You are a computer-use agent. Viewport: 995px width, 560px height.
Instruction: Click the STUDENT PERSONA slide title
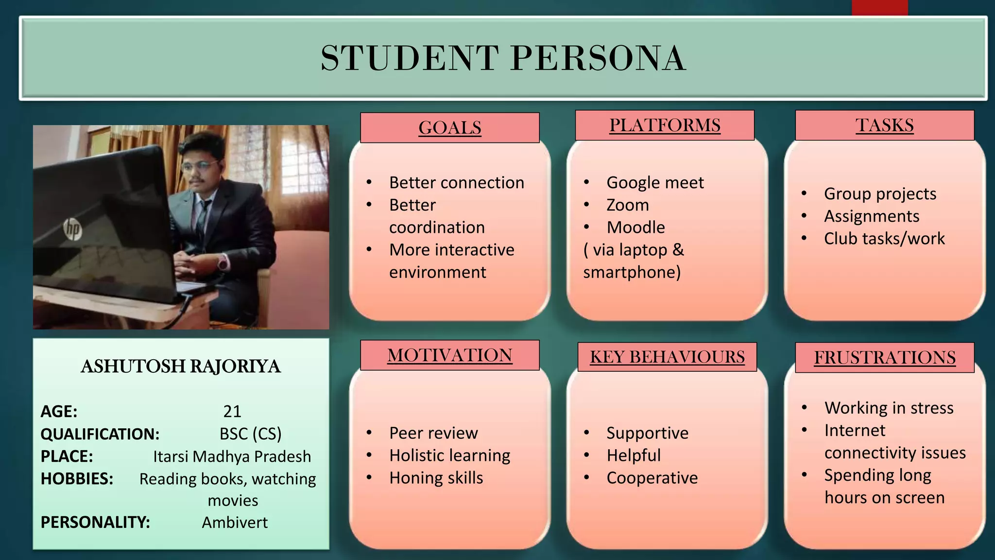(503, 58)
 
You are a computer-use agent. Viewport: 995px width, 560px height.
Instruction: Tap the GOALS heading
(450, 128)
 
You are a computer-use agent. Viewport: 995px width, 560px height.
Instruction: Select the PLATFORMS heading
(665, 125)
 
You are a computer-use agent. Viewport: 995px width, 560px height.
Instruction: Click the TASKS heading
(884, 125)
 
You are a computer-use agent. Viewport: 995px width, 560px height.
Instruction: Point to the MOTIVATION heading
(450, 355)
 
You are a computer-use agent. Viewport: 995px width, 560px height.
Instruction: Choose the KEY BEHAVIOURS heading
(667, 357)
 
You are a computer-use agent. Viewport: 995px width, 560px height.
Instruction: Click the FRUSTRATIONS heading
(885, 358)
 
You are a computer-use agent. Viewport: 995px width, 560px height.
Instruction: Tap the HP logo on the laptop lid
(72, 229)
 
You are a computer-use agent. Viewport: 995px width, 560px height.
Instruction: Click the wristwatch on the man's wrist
(223, 262)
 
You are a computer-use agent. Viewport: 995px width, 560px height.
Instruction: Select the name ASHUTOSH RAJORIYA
(181, 367)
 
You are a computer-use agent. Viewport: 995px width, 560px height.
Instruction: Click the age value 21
(232, 412)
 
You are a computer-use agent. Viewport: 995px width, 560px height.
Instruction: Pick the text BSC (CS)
(250, 434)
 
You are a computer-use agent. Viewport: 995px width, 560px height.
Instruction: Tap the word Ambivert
(235, 523)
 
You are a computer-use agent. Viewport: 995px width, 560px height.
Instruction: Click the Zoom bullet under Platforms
(627, 205)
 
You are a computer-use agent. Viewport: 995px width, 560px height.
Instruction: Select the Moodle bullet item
(635, 227)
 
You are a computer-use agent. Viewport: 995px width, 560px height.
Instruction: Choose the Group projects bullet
(880, 194)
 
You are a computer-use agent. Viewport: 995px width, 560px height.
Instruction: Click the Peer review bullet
(433, 433)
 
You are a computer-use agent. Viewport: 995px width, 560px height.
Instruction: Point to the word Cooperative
(652, 478)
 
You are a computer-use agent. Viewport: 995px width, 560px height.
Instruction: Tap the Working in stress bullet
(889, 408)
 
